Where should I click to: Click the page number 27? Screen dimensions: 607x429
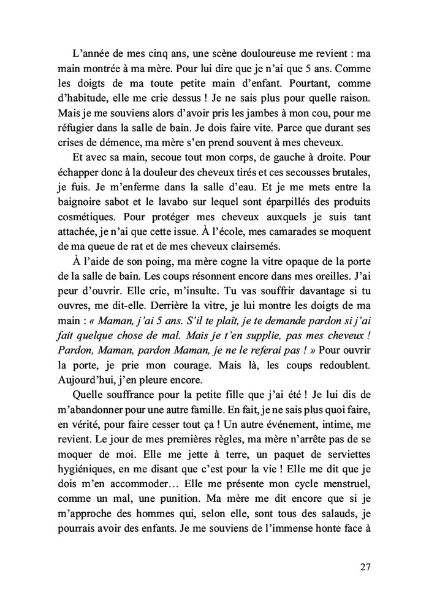[x=365, y=566]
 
